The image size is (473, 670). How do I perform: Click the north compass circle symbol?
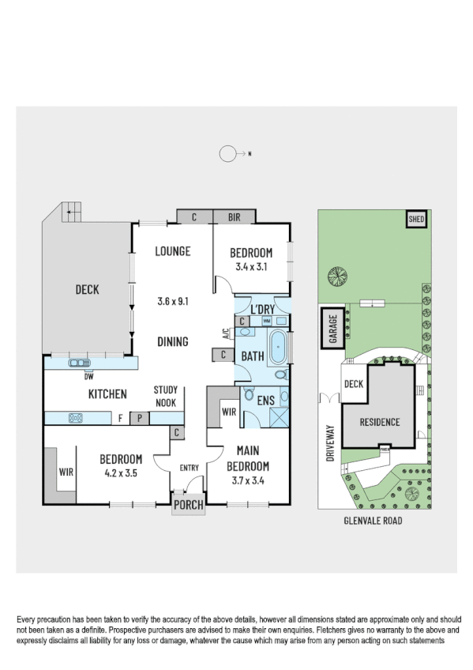[x=228, y=154]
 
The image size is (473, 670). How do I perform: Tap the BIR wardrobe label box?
[x=235, y=216]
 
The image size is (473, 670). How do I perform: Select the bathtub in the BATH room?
[x=279, y=347]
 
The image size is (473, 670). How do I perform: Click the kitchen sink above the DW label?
[x=80, y=363]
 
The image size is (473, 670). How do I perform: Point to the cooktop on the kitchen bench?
[x=77, y=417]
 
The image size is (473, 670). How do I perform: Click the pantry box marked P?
[x=139, y=418]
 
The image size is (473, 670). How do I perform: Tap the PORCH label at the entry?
[x=188, y=506]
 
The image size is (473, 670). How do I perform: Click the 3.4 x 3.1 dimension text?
[x=251, y=267]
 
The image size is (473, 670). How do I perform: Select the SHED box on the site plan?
[x=415, y=219]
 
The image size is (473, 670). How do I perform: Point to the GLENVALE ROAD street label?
[x=374, y=521]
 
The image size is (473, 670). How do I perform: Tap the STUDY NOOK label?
[x=166, y=396]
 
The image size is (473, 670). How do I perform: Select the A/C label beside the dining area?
[x=226, y=333]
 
